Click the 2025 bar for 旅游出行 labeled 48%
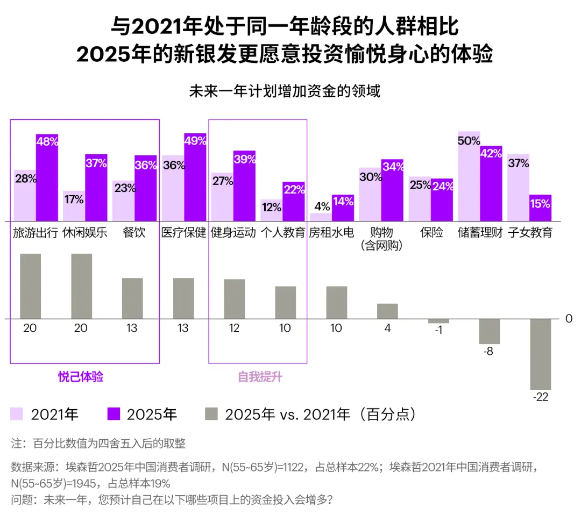[47, 177]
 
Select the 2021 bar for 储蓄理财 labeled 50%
[469, 176]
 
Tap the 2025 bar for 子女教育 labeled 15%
[540, 208]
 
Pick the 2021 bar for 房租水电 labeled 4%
[321, 217]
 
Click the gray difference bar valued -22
[541, 354]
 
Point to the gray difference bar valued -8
[490, 332]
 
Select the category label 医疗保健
[183, 234]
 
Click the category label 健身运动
[233, 234]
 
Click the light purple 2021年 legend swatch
[17, 414]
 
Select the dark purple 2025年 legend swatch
[114, 414]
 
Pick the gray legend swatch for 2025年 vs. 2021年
[212, 414]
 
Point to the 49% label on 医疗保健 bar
[195, 141]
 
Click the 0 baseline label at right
[569, 319]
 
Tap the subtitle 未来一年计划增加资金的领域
[285, 91]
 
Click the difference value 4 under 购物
[387, 328]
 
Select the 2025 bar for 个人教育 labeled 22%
[294, 202]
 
